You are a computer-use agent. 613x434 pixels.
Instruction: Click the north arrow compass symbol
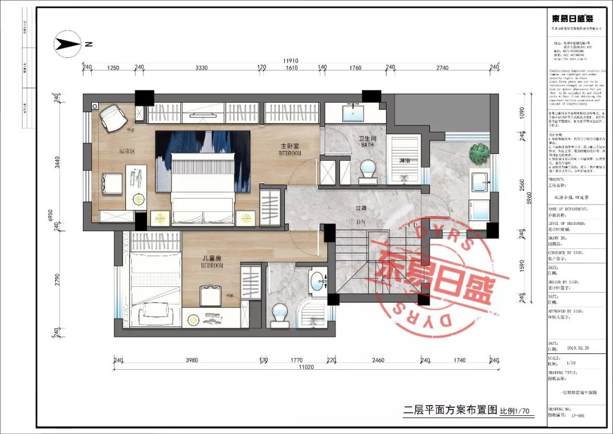pyautogui.click(x=68, y=44)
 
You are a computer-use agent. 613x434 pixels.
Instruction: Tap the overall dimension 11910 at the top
pyautogui.click(x=291, y=61)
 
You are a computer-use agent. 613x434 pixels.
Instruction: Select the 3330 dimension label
pyautogui.click(x=201, y=68)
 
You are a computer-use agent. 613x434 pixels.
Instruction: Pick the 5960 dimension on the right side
pyautogui.click(x=529, y=197)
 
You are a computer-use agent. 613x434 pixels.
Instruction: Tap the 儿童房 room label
pyautogui.click(x=212, y=261)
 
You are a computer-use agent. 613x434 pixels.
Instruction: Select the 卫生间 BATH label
pyautogui.click(x=367, y=141)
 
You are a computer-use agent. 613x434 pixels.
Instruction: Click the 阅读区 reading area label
pyautogui.click(x=111, y=152)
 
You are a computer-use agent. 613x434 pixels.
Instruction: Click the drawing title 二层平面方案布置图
pyautogui.click(x=450, y=410)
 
